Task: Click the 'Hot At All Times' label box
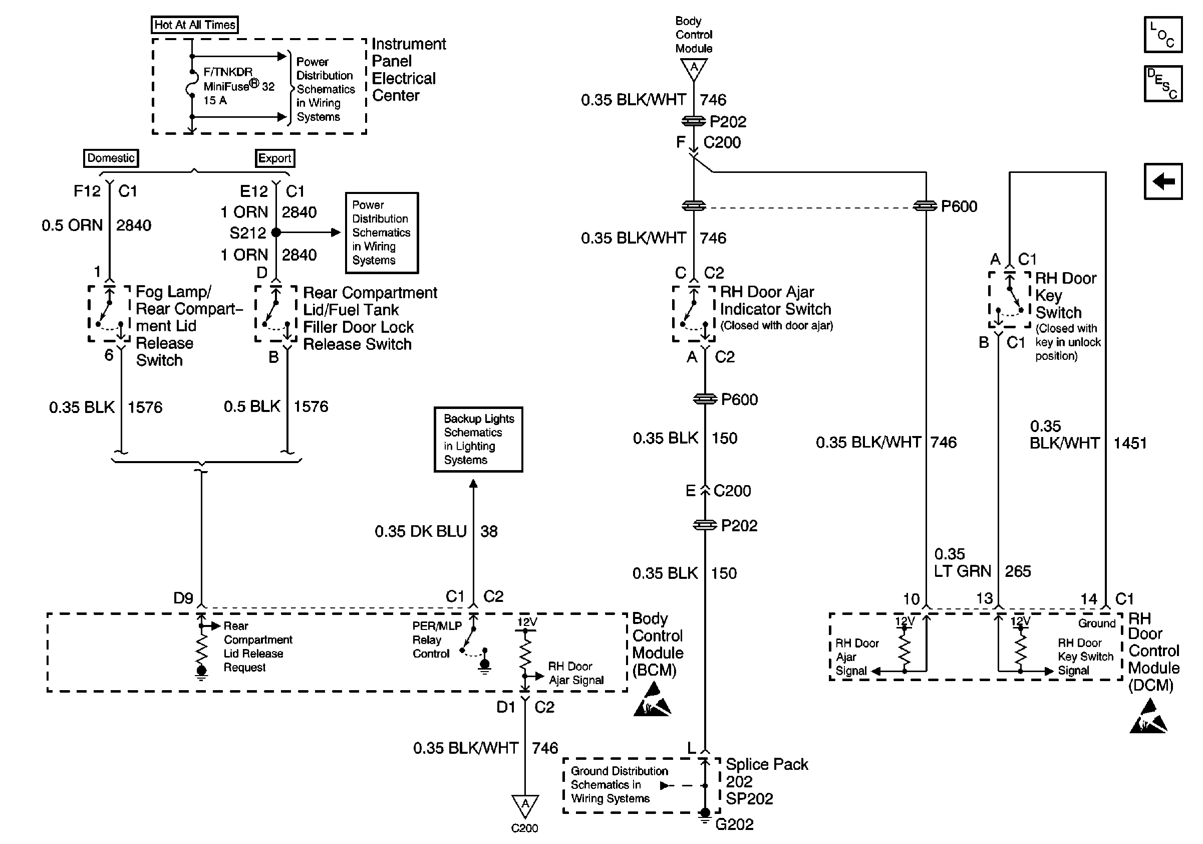click(x=195, y=25)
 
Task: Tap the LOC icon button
click(x=1162, y=35)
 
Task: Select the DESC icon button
click(x=1162, y=83)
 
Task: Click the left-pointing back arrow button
click(x=1162, y=181)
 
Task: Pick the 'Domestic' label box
click(x=111, y=158)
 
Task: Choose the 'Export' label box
click(x=275, y=158)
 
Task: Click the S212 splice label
click(x=247, y=232)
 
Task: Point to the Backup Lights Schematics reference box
click(x=478, y=440)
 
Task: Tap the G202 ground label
click(x=735, y=824)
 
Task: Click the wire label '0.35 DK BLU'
click(x=420, y=531)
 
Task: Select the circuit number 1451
click(x=1130, y=443)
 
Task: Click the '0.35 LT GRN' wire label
click(x=962, y=562)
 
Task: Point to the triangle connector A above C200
click(x=524, y=805)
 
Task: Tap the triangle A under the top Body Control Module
click(x=694, y=69)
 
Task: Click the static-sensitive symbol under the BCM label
click(x=652, y=699)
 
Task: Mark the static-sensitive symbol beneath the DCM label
click(x=1148, y=717)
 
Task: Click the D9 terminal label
click(x=183, y=598)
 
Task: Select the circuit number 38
click(x=489, y=531)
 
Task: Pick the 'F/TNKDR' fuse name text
click(x=228, y=72)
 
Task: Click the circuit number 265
click(x=1018, y=571)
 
